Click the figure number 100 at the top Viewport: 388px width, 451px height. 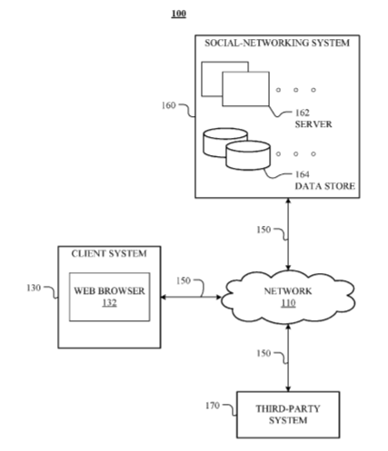[x=179, y=14]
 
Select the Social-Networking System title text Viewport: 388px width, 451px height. [x=277, y=43]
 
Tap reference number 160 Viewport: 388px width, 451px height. [x=168, y=105]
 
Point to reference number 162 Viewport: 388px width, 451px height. [x=303, y=113]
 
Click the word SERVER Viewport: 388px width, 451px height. [x=313, y=124]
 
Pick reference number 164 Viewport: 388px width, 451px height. [x=303, y=174]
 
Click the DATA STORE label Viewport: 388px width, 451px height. [x=325, y=186]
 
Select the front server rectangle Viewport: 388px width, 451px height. [x=245, y=89]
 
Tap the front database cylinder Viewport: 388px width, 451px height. [x=248, y=155]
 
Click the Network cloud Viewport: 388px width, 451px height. [x=288, y=297]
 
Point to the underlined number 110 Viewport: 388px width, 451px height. [x=288, y=303]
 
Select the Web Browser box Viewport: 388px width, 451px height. [x=109, y=297]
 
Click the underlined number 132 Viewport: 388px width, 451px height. [x=109, y=303]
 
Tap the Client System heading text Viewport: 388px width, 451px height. [x=109, y=253]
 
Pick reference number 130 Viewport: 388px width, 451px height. [x=34, y=288]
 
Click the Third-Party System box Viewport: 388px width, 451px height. [x=288, y=415]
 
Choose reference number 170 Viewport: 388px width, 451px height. [x=213, y=406]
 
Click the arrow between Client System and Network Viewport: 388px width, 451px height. [x=191, y=298]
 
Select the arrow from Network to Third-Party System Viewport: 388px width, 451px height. [x=288, y=358]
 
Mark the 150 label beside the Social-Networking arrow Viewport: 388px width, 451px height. [x=264, y=230]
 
